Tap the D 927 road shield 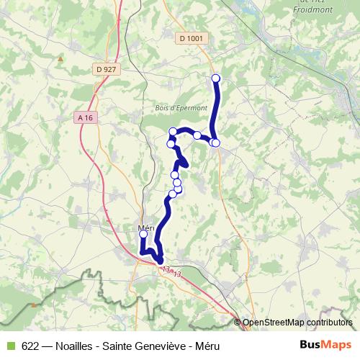[x=104, y=69]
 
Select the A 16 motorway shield [x=85, y=117]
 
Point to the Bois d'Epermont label [x=176, y=108]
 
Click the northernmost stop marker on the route [x=215, y=78]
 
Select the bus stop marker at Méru [x=143, y=234]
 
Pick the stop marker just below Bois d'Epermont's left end [x=173, y=131]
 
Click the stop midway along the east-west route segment [x=197, y=135]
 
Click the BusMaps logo [x=325, y=346]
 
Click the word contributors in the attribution [x=330, y=323]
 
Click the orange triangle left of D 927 [x=61, y=58]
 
